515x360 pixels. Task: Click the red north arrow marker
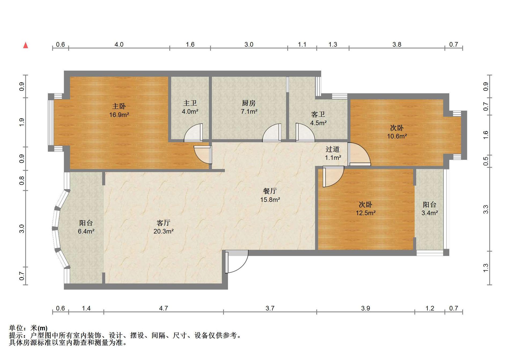click(x=26, y=45)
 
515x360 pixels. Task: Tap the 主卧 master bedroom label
click(x=119, y=106)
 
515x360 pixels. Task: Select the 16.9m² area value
click(x=119, y=115)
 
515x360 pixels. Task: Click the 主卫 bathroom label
click(x=190, y=103)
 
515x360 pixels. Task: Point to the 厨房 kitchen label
click(x=249, y=103)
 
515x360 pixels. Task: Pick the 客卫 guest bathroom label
click(x=318, y=115)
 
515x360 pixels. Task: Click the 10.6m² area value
click(x=397, y=136)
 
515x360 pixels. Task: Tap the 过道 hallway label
click(x=333, y=149)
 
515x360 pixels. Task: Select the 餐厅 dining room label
click(x=270, y=191)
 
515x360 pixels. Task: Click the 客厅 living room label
click(x=164, y=223)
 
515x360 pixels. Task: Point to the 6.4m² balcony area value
click(x=86, y=231)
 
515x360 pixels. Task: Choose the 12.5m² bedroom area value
click(x=366, y=213)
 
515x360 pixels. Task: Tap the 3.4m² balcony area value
click(x=430, y=213)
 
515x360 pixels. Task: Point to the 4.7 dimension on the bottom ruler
click(x=164, y=308)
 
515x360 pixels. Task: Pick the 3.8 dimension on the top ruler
click(x=397, y=45)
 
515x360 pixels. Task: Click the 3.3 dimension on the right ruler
click(x=486, y=209)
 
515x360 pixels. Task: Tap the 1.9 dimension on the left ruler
click(x=22, y=122)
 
